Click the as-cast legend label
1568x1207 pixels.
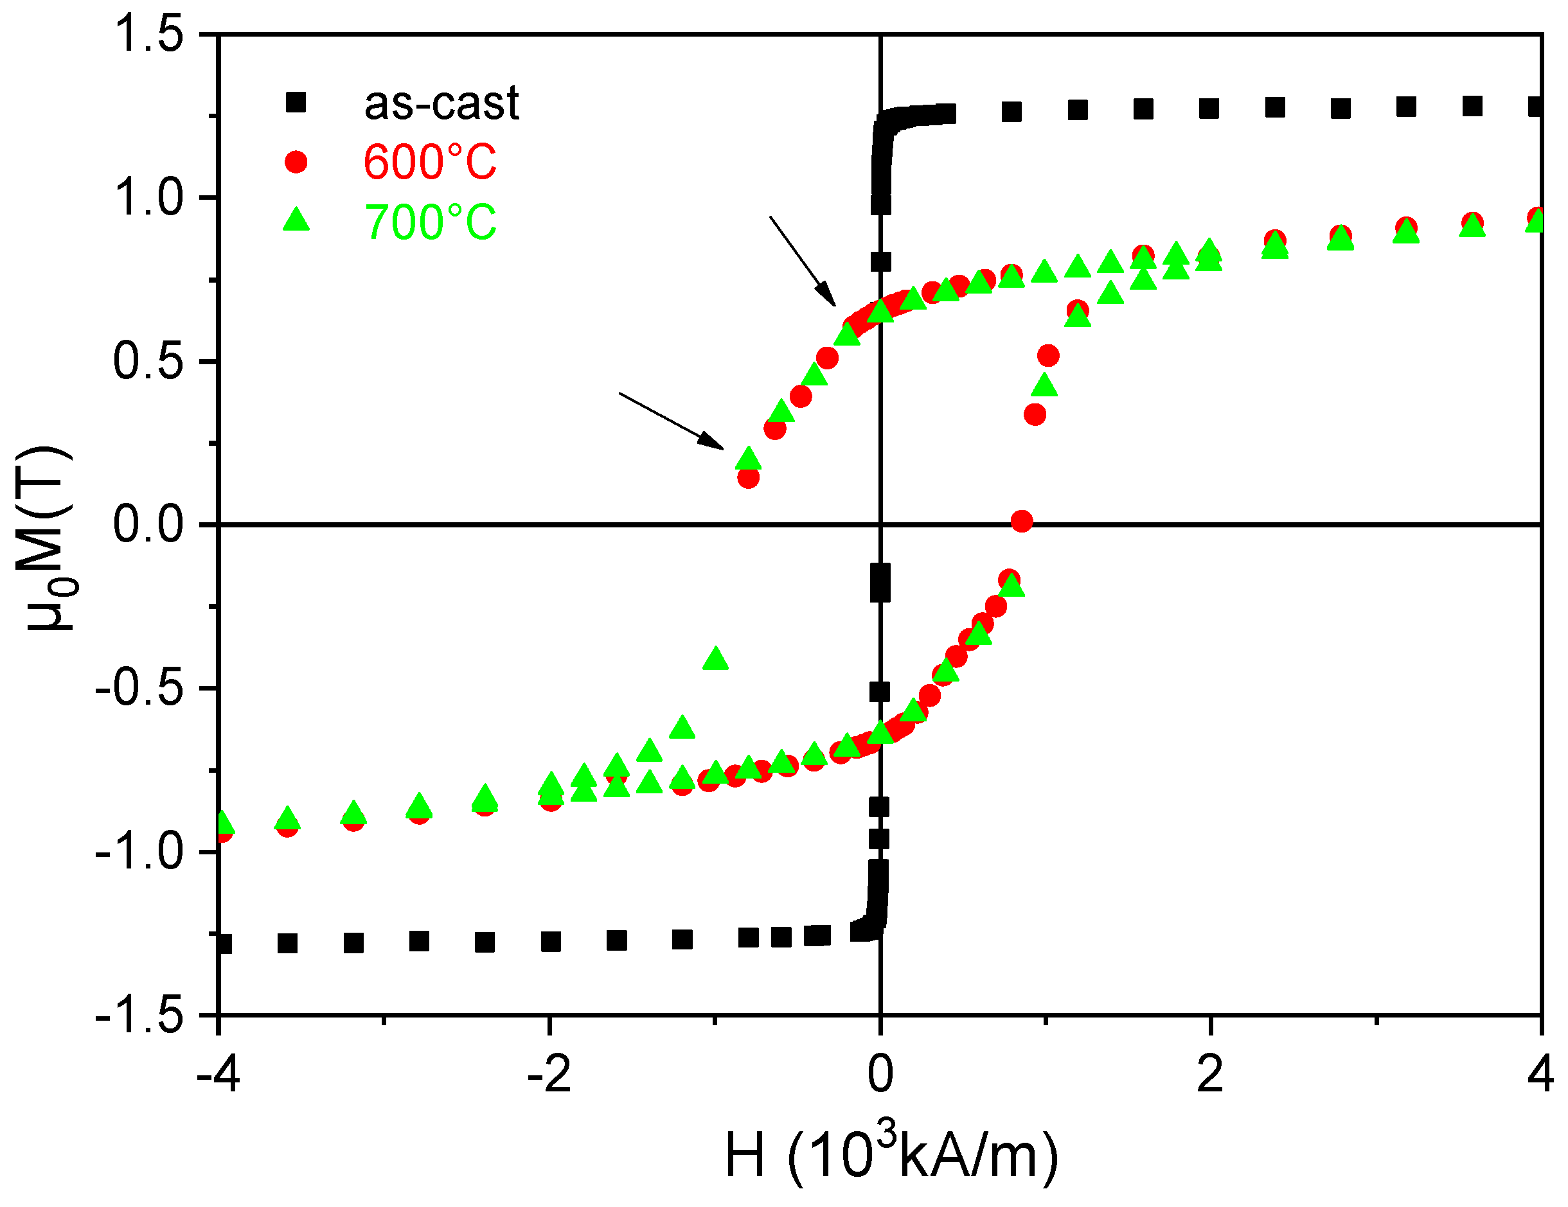[441, 103]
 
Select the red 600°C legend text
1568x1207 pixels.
[429, 162]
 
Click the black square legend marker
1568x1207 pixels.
[296, 103]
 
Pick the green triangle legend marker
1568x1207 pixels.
[296, 220]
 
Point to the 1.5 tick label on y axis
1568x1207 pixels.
[148, 34]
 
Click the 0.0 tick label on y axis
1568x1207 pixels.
[148, 525]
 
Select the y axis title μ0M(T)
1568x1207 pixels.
[49, 538]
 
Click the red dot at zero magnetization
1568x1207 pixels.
[1022, 521]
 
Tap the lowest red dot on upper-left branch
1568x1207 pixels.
[748, 477]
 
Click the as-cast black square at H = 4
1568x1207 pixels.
[1535, 107]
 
